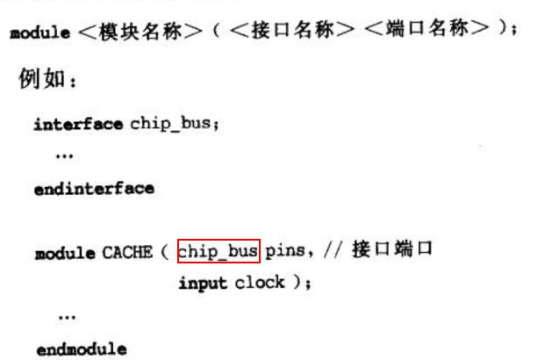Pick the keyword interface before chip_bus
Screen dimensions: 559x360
[79, 124]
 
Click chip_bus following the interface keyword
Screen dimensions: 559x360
[172, 124]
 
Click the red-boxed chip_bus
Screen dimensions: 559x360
[219, 252]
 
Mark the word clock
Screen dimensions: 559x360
[260, 284]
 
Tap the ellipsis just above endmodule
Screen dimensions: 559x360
[66, 316]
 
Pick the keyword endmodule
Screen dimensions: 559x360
[81, 349]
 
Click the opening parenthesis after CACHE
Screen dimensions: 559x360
[165, 253]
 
